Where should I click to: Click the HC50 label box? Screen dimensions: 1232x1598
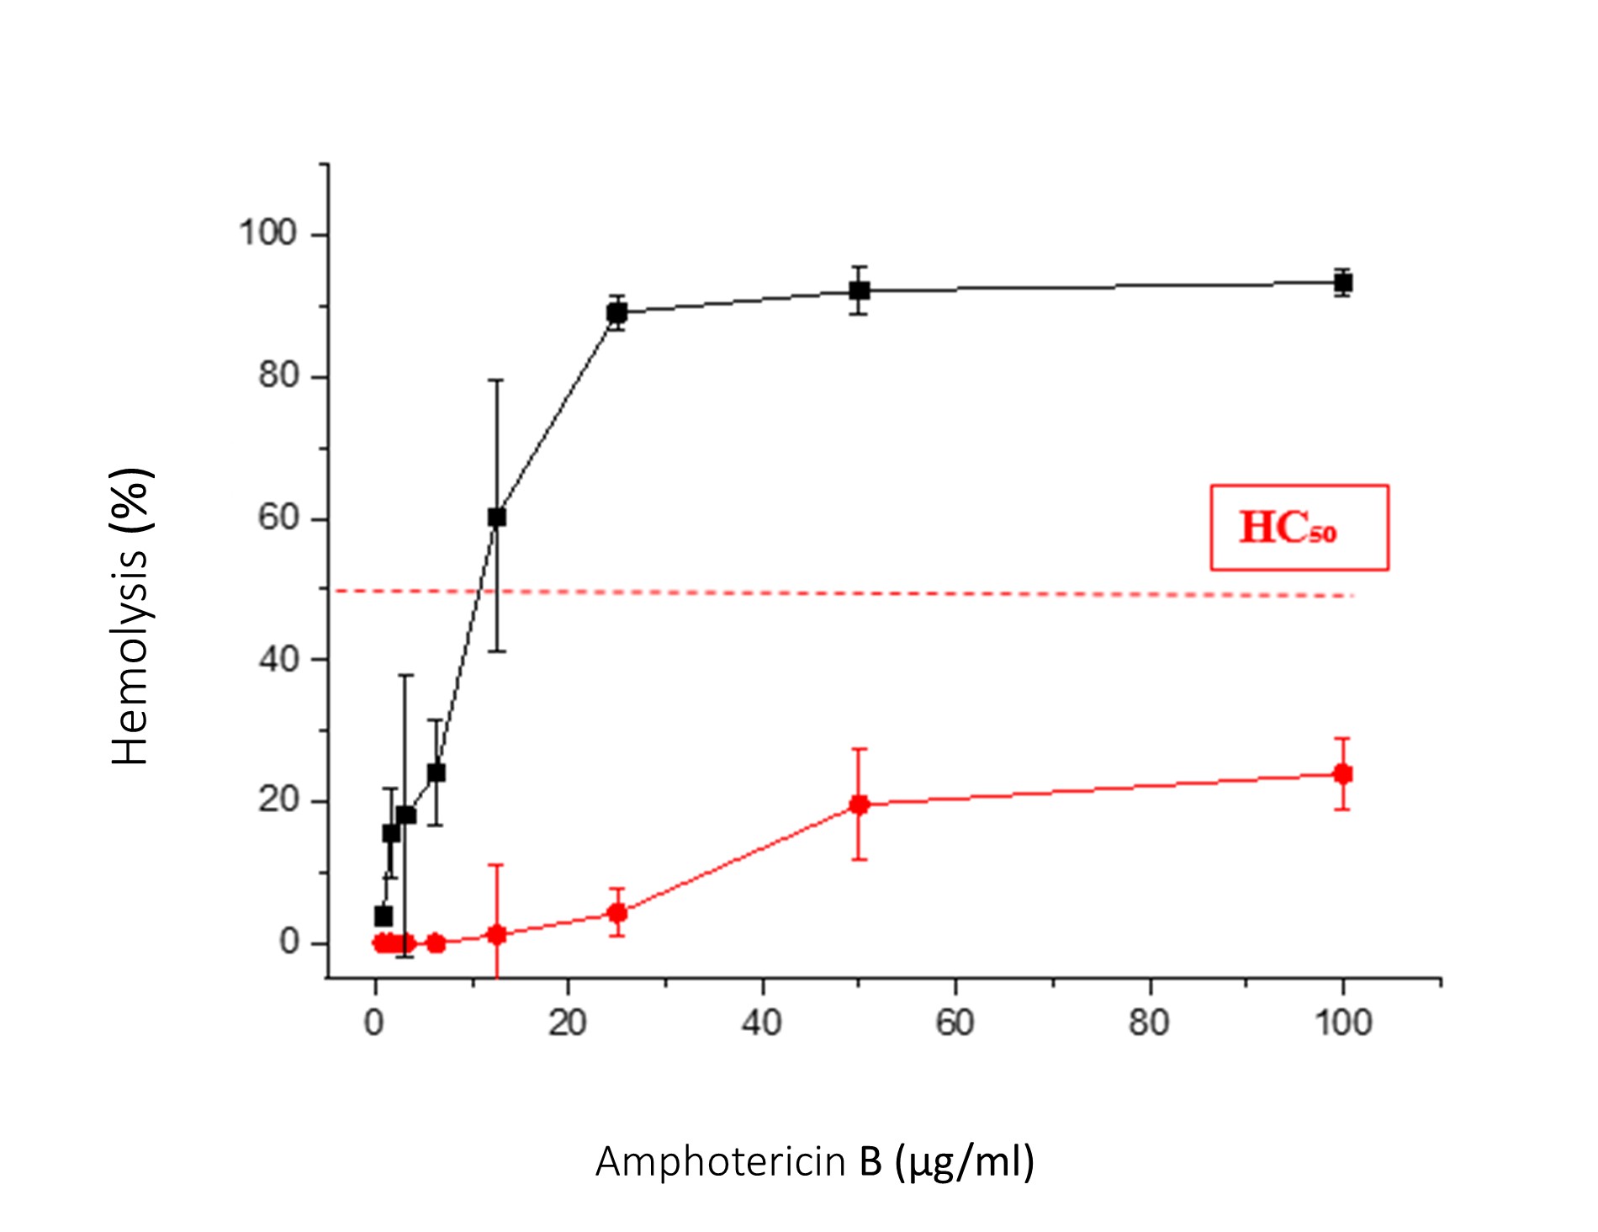(x=1299, y=528)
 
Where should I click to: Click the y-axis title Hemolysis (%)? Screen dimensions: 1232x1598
(x=130, y=616)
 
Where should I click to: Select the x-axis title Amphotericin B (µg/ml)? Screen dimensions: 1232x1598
(x=814, y=1162)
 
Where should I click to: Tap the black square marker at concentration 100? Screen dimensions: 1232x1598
(x=1343, y=283)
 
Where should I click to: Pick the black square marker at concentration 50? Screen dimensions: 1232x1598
(x=859, y=291)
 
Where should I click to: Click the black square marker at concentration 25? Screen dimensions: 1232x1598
(x=616, y=313)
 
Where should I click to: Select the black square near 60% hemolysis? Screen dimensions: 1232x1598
(x=497, y=517)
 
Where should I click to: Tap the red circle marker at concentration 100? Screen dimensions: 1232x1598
(x=1343, y=774)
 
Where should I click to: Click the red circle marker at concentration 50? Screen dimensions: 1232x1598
(x=859, y=805)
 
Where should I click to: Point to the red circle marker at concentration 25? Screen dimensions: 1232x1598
(x=616, y=913)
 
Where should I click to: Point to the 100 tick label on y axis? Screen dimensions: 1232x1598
(x=267, y=233)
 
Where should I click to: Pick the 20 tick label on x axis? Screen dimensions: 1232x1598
(x=568, y=1023)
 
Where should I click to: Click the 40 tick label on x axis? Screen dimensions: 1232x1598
(x=762, y=1023)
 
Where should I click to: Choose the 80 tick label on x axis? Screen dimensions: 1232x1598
(x=1149, y=1023)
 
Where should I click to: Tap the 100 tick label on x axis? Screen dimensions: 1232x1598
(x=1343, y=1023)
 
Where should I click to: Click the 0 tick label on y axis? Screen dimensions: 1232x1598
(x=289, y=943)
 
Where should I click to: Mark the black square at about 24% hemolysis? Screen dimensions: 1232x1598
(x=436, y=773)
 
